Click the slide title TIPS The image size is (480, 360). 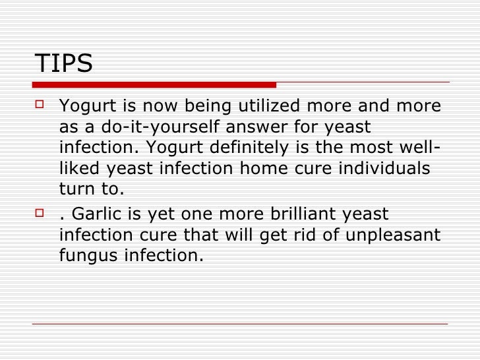click(63, 64)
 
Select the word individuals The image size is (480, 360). click(385, 168)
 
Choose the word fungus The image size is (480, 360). click(86, 256)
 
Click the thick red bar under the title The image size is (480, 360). click(154, 84)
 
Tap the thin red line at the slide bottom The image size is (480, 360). click(240, 324)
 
